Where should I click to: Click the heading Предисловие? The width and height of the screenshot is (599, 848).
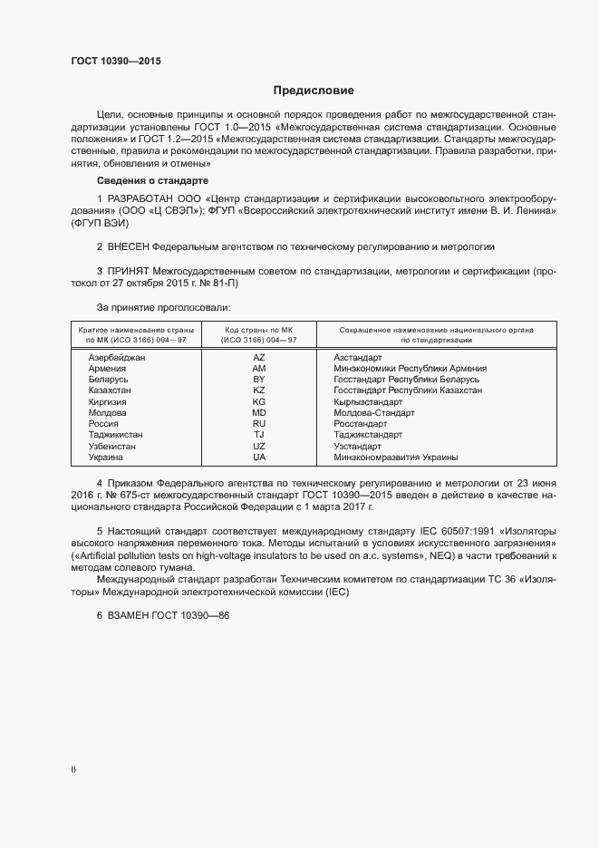pos(314,91)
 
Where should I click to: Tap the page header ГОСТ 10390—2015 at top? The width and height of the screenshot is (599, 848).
pos(116,61)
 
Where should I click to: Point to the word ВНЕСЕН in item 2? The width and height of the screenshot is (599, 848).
pos(128,246)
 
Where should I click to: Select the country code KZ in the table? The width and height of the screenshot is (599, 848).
pos(259,390)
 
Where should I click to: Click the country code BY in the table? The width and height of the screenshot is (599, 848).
pos(259,380)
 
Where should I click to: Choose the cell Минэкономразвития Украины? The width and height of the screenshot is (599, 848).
pos(395,458)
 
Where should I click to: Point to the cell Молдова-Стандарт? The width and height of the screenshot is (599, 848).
pos(374,413)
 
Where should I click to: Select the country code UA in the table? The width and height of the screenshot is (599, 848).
pos(259,458)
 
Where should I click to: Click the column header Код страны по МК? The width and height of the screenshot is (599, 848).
pos(259,331)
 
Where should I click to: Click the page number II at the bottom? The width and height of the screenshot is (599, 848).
pos(73,770)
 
